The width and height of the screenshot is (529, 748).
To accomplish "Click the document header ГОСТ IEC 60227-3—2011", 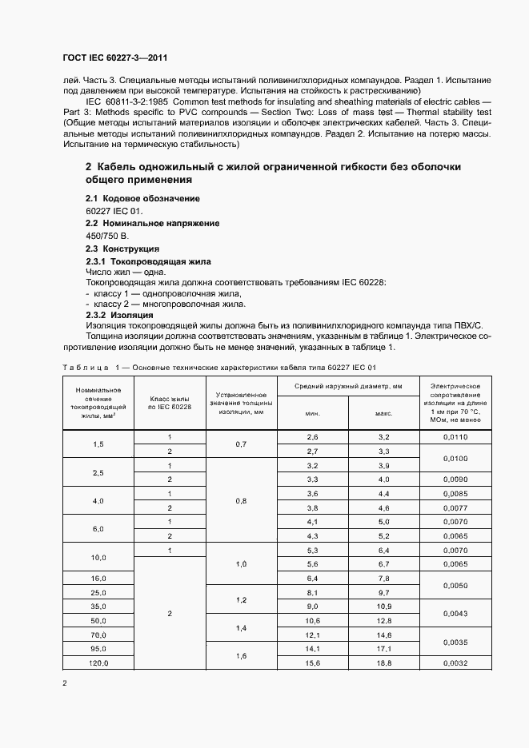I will pyautogui.click(x=114, y=58).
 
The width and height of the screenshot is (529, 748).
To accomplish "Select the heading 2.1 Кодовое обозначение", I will pyautogui.click(x=142, y=197).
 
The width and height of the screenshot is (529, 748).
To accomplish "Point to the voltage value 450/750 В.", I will pyautogui.click(x=106, y=236).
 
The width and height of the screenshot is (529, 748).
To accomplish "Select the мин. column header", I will pyautogui.click(x=313, y=413).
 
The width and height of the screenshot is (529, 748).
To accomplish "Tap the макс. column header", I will pyautogui.click(x=383, y=413).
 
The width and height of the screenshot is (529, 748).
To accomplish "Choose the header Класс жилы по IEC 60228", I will pyautogui.click(x=170, y=402).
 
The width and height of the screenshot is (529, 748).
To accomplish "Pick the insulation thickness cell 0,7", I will pyautogui.click(x=242, y=444).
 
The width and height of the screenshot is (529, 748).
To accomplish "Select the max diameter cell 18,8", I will pyautogui.click(x=383, y=663).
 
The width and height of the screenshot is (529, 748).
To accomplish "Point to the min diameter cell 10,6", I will pyautogui.click(x=313, y=621).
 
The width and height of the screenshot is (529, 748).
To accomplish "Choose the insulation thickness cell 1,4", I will pyautogui.click(x=242, y=628).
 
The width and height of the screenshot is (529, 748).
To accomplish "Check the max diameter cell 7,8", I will pyautogui.click(x=383, y=578).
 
